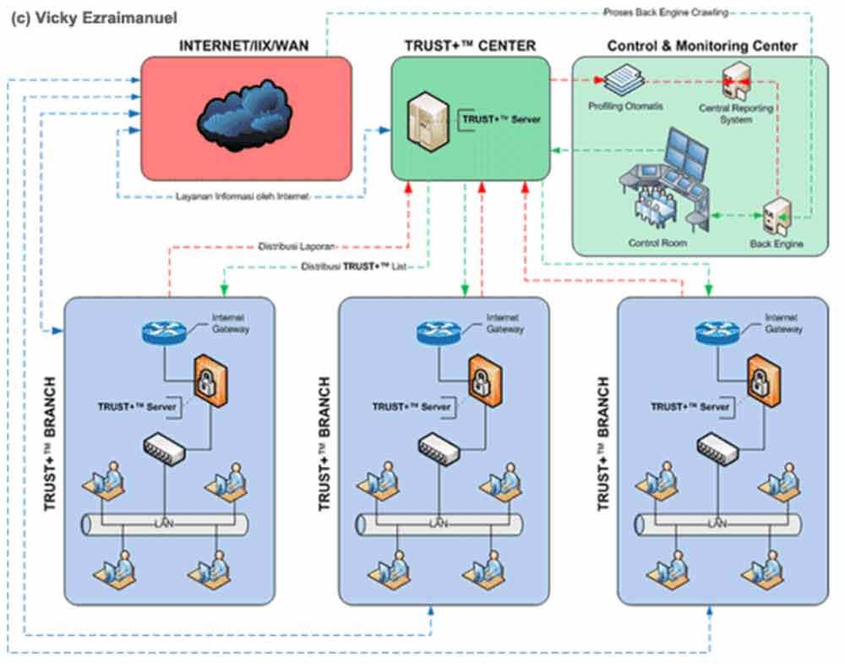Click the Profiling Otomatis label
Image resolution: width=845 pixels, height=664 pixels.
tap(625, 106)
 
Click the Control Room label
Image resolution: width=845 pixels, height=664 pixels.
tap(657, 243)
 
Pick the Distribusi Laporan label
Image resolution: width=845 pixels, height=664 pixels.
tap(297, 247)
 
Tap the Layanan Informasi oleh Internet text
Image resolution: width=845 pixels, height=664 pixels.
tap(243, 196)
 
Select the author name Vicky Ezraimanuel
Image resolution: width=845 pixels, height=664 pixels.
tap(94, 18)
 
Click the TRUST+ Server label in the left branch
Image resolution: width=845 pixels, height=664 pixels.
tap(137, 407)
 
